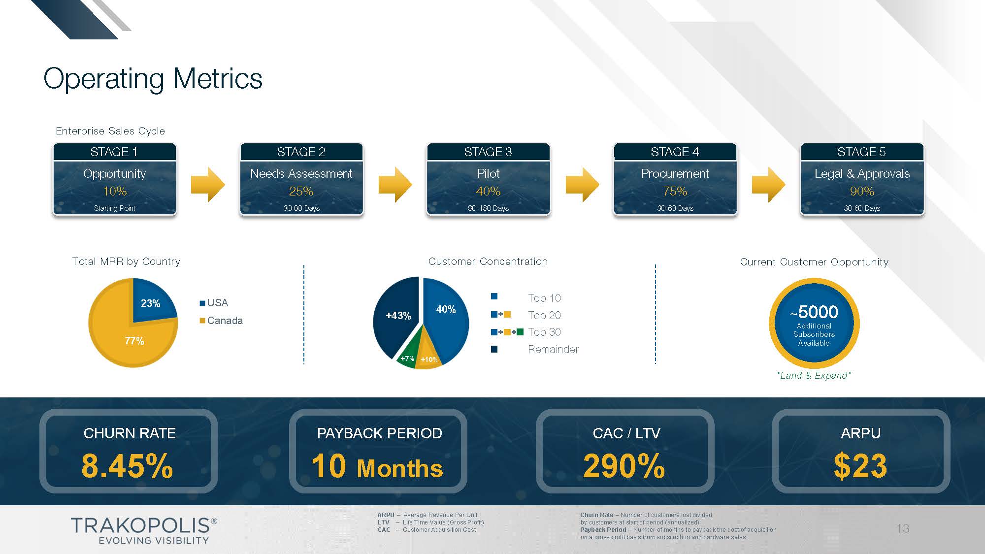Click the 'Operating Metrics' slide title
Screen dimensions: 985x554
[153, 79]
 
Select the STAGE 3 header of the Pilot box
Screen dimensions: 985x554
[488, 152]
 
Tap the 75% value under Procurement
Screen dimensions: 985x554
[675, 191]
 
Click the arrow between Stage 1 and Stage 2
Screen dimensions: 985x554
[208, 185]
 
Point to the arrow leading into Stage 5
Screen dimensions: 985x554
[768, 185]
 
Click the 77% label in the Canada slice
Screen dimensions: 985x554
[134, 341]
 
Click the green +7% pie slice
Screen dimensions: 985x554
[407, 359]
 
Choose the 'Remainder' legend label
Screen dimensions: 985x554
[553, 350]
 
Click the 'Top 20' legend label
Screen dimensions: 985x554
[544, 315]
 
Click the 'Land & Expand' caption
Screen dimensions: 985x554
[814, 376]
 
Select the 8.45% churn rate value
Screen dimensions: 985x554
[127, 466]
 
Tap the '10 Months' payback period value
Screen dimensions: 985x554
[377, 466]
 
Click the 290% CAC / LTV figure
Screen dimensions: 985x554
[624, 466]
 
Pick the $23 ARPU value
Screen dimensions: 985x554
[860, 466]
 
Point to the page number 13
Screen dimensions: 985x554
[903, 528]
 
